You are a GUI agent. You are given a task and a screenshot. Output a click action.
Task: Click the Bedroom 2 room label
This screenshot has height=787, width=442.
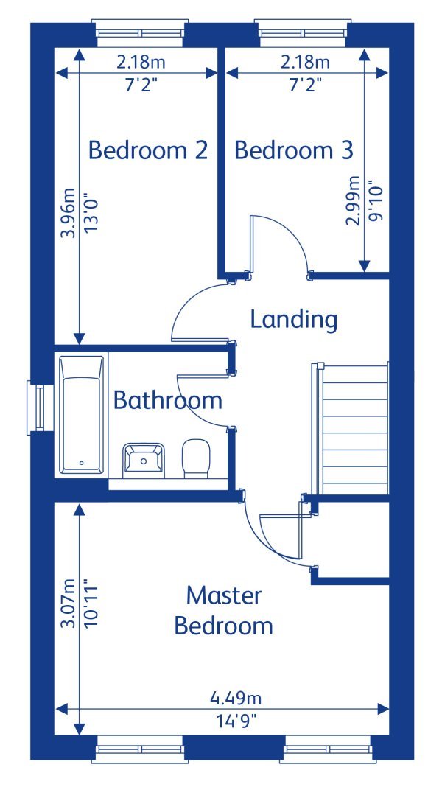click(x=147, y=150)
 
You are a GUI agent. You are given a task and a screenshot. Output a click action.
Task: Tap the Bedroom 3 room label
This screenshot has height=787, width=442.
click(x=294, y=150)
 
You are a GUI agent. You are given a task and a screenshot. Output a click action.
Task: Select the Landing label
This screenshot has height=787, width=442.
click(x=293, y=320)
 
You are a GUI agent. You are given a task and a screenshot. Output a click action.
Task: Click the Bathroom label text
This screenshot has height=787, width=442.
click(x=167, y=400)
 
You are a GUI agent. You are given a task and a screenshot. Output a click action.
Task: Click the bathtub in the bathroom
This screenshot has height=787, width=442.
click(x=81, y=414)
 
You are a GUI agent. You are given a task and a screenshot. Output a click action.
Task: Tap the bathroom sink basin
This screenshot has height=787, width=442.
click(x=143, y=460)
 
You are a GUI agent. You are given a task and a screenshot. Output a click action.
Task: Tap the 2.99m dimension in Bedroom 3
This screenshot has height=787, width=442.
click(x=354, y=200)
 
